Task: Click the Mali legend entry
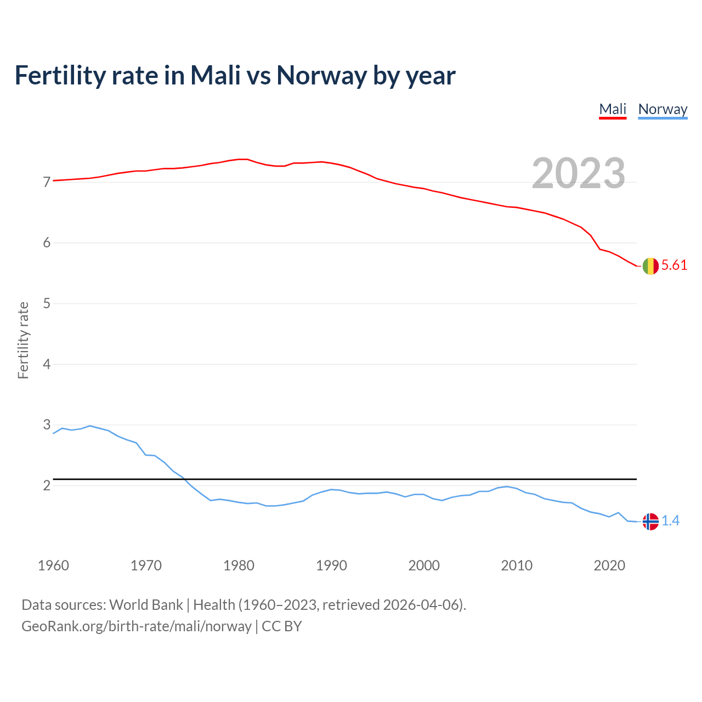[613, 109]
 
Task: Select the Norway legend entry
[663, 109]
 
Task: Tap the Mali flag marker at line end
[650, 266]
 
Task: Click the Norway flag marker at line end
[650, 522]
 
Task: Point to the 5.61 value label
[674, 265]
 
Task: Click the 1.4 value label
[670, 521]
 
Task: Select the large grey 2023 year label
[578, 173]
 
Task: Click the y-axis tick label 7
[47, 182]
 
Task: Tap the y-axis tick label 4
[47, 364]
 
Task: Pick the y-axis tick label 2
[47, 485]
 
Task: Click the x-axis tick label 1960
[53, 565]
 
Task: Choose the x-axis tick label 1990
[331, 565]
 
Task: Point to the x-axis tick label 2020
[609, 565]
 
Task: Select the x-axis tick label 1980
[239, 565]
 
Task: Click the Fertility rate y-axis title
[23, 340]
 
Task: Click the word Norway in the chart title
[321, 75]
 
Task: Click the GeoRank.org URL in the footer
[136, 626]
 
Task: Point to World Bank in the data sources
[146, 605]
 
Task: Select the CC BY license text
[282, 626]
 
